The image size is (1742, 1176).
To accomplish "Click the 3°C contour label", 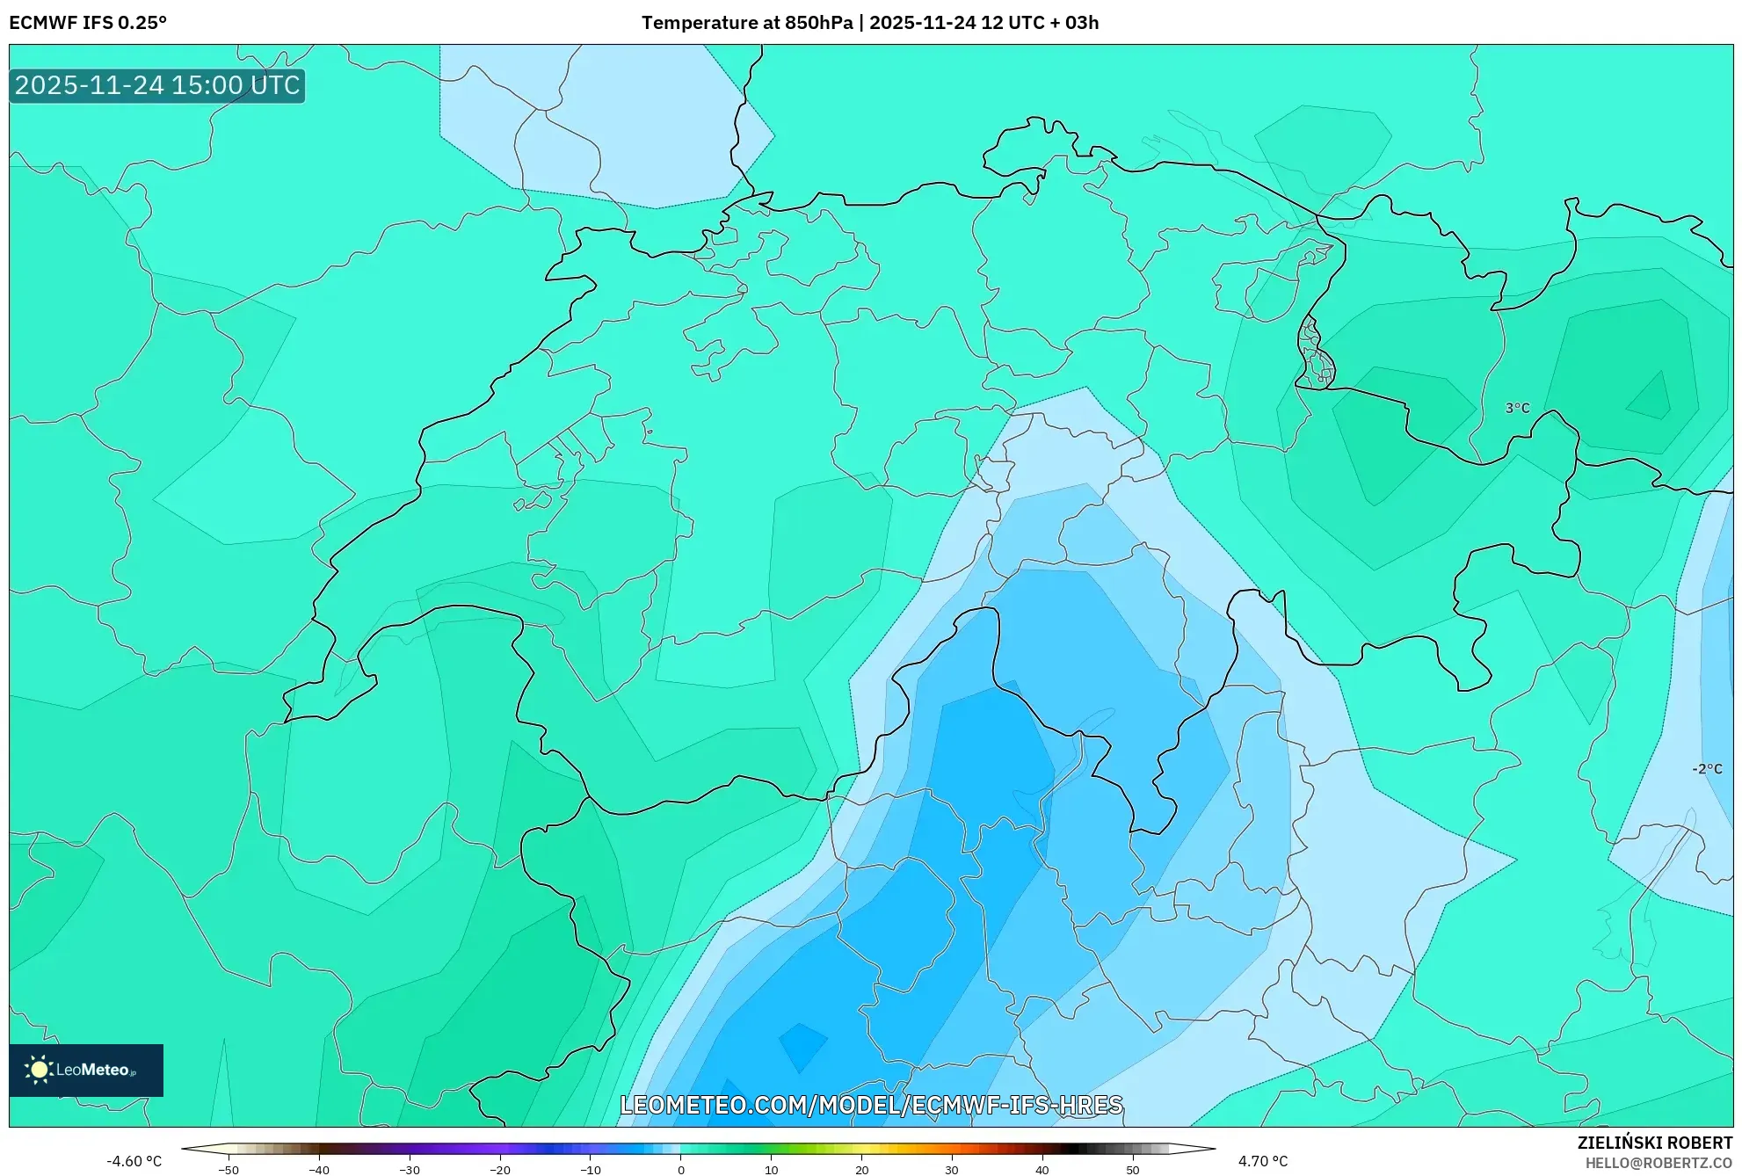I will tap(1517, 408).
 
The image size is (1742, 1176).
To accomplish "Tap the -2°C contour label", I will tap(1707, 769).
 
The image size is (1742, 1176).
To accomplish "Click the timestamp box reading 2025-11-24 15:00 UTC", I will tap(157, 86).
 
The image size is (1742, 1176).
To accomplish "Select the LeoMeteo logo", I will tap(86, 1070).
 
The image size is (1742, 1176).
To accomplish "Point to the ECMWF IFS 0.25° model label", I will tap(88, 23).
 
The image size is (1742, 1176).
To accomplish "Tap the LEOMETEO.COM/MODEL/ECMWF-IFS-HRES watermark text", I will tap(871, 1105).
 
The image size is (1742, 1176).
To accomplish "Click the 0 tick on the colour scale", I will tap(681, 1169).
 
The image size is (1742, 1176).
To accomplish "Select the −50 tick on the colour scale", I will tap(229, 1169).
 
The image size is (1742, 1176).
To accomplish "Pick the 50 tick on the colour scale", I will tap(1133, 1169).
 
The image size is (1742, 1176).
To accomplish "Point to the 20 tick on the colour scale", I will tap(861, 1169).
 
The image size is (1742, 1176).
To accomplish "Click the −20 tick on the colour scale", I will tap(500, 1169).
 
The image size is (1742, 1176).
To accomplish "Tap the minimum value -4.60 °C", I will tap(134, 1161).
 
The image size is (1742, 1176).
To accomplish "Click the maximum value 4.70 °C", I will tap(1263, 1161).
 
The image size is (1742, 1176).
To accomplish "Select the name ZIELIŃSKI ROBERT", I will tap(1655, 1143).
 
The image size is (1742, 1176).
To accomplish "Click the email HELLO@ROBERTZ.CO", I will tap(1659, 1163).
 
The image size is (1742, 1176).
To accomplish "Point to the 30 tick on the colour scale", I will tap(952, 1169).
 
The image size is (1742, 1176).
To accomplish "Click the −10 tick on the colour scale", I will tap(591, 1169).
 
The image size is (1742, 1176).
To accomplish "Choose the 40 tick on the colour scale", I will tap(1042, 1169).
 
